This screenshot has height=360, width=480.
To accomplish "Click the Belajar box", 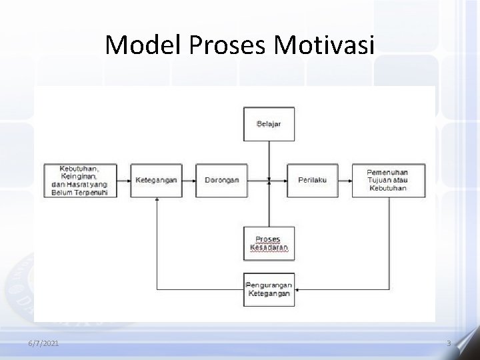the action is (269, 125).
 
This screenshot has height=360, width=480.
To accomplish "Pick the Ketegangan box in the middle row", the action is (156, 180).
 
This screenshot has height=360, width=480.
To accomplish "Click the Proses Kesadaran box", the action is (269, 243).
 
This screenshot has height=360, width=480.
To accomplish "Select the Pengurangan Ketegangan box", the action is (269, 290).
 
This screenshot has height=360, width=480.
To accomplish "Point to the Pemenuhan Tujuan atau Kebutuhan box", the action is (387, 180).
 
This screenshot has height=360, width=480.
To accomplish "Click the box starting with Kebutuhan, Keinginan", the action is (79, 180).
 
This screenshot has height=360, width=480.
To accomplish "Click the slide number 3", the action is (449, 343).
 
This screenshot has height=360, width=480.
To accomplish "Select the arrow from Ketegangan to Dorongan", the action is (189, 180).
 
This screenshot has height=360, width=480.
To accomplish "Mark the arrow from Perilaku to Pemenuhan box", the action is (344, 180).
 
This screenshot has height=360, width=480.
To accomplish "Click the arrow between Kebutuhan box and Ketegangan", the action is (123, 180).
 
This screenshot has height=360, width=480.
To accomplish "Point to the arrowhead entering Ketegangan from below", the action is (156, 199).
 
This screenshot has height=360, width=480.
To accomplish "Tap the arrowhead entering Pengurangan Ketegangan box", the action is (297, 290).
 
